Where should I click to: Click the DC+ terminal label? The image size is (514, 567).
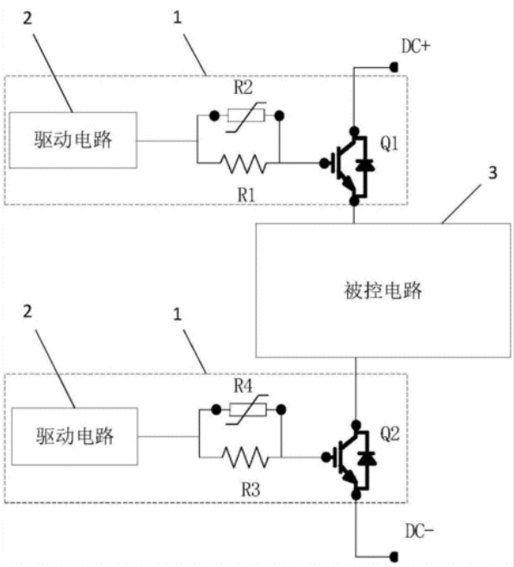[x=416, y=47]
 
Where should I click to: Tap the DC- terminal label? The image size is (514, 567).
[x=419, y=531]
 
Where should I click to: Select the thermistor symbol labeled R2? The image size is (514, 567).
[x=246, y=116]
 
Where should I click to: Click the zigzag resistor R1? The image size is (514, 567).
[x=244, y=164]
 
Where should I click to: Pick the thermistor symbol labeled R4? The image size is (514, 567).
[x=247, y=409]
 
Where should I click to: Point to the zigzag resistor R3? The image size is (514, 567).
[x=245, y=458]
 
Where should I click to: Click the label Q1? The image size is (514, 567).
[x=389, y=144]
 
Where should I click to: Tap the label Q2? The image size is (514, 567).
[x=390, y=434]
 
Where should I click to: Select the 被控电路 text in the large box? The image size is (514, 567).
[x=383, y=290]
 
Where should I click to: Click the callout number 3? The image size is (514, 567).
[x=492, y=173]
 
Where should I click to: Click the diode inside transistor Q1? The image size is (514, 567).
[x=365, y=165]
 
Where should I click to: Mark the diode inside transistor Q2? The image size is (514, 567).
[x=367, y=458]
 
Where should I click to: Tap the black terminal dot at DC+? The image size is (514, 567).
[x=394, y=67]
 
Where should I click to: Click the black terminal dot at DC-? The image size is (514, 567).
[x=394, y=556]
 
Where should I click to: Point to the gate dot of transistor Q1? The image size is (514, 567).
[x=324, y=164]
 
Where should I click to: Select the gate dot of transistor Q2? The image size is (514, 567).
[x=325, y=458]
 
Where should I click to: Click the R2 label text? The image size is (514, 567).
[x=243, y=88]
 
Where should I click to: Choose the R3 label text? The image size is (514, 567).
[x=251, y=490]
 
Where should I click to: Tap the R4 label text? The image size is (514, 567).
[x=243, y=386]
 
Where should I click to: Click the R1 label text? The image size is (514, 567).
[x=246, y=196]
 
